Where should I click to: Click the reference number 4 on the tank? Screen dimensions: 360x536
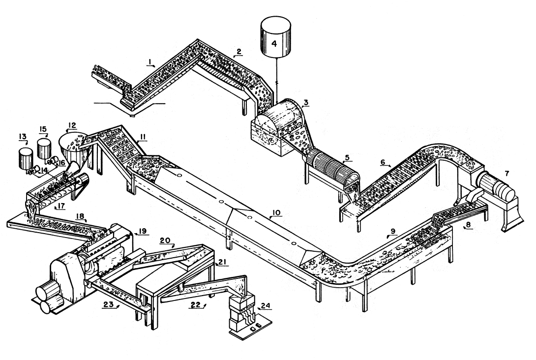(274, 43)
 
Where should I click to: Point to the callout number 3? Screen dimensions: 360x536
(305, 102)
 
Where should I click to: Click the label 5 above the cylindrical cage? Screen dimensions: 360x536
(347, 158)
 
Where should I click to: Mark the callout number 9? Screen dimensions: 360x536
(393, 231)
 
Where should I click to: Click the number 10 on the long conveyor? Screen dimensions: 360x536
(276, 212)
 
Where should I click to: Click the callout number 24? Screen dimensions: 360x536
(266, 305)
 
